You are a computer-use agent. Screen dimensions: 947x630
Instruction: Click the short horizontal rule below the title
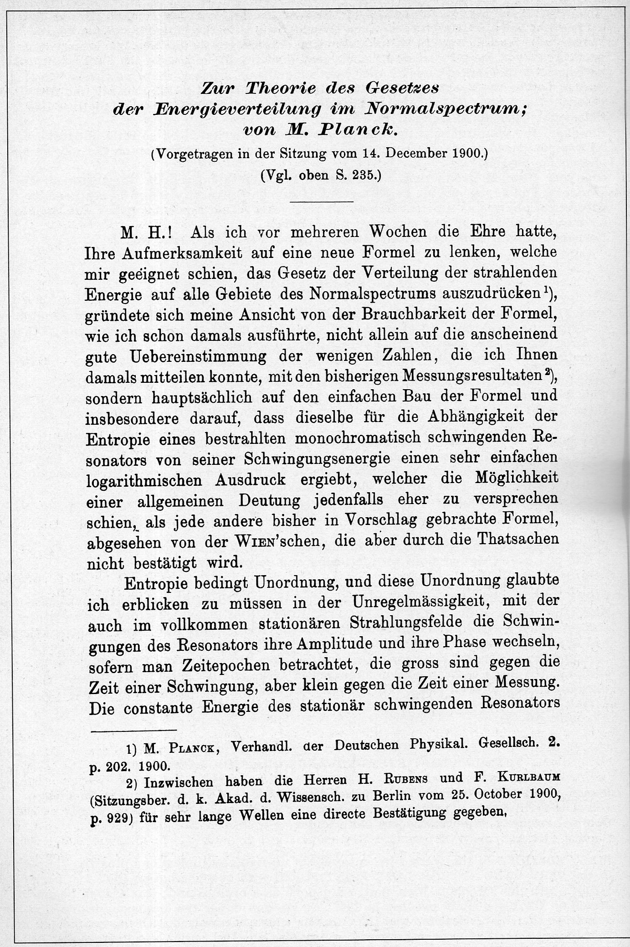pos(322,201)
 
